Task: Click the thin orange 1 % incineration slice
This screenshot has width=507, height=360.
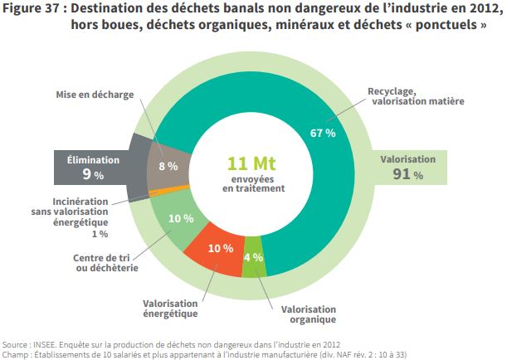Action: click(163, 191)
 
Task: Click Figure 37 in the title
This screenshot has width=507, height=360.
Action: click(34, 9)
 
